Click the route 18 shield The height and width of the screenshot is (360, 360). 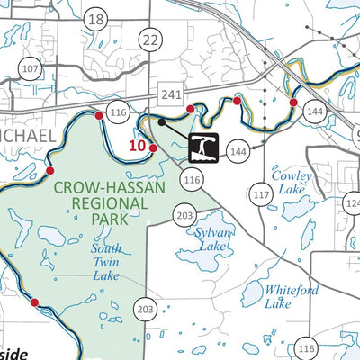[97, 20]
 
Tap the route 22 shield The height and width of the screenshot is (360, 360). [150, 39]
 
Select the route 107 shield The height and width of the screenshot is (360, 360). [31, 69]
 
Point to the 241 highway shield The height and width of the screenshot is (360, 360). [168, 94]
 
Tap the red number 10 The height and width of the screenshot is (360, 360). [137, 145]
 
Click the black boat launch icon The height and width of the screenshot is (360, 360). [205, 147]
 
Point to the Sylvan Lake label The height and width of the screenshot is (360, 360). [212, 238]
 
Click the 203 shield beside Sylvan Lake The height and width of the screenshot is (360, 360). [184, 215]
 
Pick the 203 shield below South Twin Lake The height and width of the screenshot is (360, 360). [146, 308]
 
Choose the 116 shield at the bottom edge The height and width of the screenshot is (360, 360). [306, 349]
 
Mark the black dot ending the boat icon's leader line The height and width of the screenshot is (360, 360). [160, 121]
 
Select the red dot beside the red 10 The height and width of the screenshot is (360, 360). [152, 148]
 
